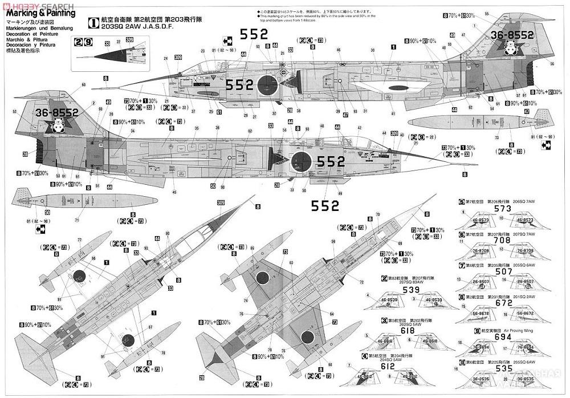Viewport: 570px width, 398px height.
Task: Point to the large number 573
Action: [502, 209]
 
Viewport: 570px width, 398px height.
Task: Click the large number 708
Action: [502, 240]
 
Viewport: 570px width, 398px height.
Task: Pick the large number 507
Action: [502, 271]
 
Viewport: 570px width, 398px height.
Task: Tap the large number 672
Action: [503, 303]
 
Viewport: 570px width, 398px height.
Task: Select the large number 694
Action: [503, 336]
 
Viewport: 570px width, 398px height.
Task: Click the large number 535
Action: [503, 368]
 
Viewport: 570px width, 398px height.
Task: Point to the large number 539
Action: [411, 290]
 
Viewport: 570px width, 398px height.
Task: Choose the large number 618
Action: [407, 331]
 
